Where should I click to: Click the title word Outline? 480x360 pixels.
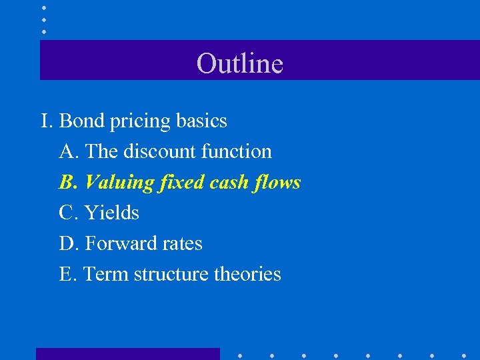[240, 63]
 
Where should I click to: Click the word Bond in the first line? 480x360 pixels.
[81, 121]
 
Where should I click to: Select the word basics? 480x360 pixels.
[202, 121]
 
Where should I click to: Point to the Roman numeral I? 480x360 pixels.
[45, 121]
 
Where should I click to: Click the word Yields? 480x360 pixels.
[112, 213]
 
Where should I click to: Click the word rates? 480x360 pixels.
[179, 244]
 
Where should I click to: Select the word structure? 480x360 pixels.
[170, 274]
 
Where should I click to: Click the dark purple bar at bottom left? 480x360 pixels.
[127, 354]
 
